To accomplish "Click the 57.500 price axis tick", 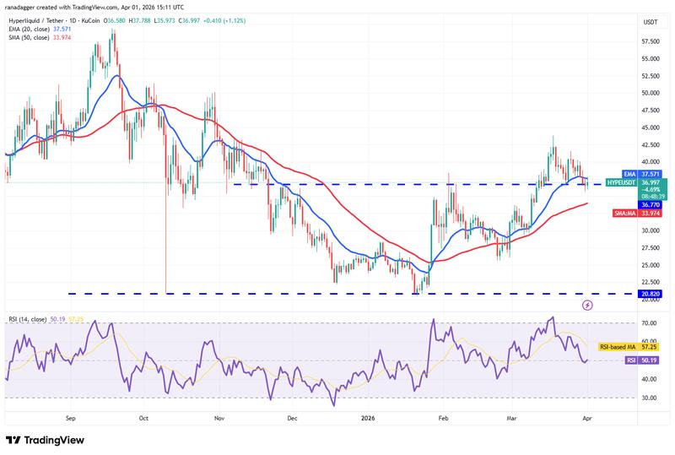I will (651, 41).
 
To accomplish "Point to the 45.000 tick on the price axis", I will (651, 127).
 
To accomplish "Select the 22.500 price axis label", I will (651, 283).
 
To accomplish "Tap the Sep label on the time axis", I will (71, 417).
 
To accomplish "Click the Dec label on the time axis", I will (293, 417).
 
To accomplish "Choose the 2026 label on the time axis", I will (368, 417).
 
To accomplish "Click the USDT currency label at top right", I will (650, 22).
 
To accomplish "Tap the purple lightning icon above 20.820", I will (588, 304).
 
